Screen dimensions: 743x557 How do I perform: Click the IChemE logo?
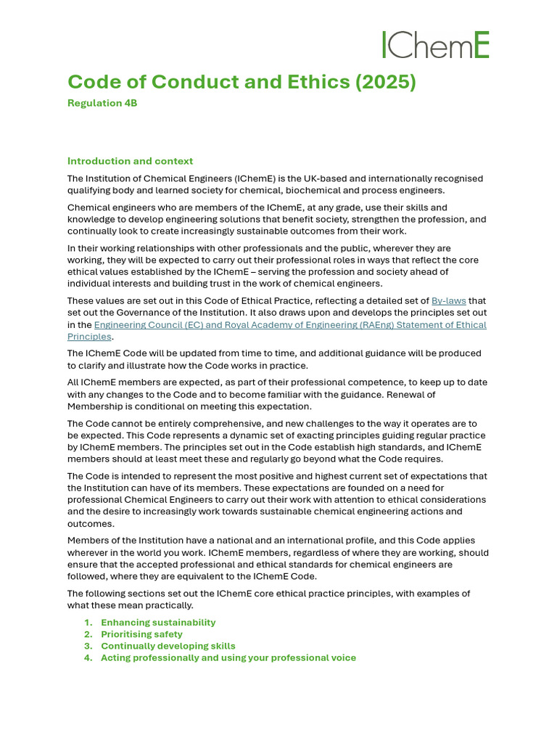435,45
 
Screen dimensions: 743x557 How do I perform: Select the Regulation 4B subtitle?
102,103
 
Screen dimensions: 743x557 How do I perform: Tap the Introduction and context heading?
130,161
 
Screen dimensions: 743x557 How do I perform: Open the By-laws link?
449,300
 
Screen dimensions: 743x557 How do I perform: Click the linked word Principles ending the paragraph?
89,337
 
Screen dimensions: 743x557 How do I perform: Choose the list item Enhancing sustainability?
158,623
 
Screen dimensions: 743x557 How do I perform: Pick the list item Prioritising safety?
141,634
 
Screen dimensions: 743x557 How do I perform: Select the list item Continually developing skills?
168,646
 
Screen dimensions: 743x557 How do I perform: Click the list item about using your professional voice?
228,657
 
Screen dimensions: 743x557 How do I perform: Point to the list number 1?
88,623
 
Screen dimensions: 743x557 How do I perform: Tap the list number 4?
88,657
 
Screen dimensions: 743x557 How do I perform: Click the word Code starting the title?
92,82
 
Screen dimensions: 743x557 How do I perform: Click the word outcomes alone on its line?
89,524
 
